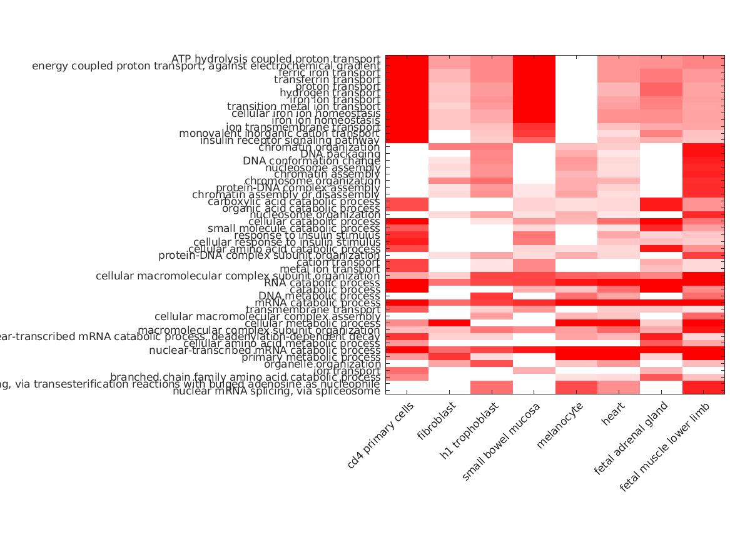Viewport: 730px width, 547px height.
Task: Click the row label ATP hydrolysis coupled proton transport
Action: (x=275, y=59)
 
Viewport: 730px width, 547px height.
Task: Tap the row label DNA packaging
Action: (x=340, y=154)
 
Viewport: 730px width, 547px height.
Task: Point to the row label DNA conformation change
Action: (x=312, y=161)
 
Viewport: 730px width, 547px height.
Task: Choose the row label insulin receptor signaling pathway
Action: (x=290, y=141)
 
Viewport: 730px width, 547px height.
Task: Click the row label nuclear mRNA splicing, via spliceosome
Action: (x=276, y=391)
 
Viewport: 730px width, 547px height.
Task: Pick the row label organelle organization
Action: (x=322, y=364)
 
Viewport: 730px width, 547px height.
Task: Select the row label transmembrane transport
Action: (x=313, y=309)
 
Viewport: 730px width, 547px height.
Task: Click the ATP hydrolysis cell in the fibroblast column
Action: (x=449, y=59)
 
